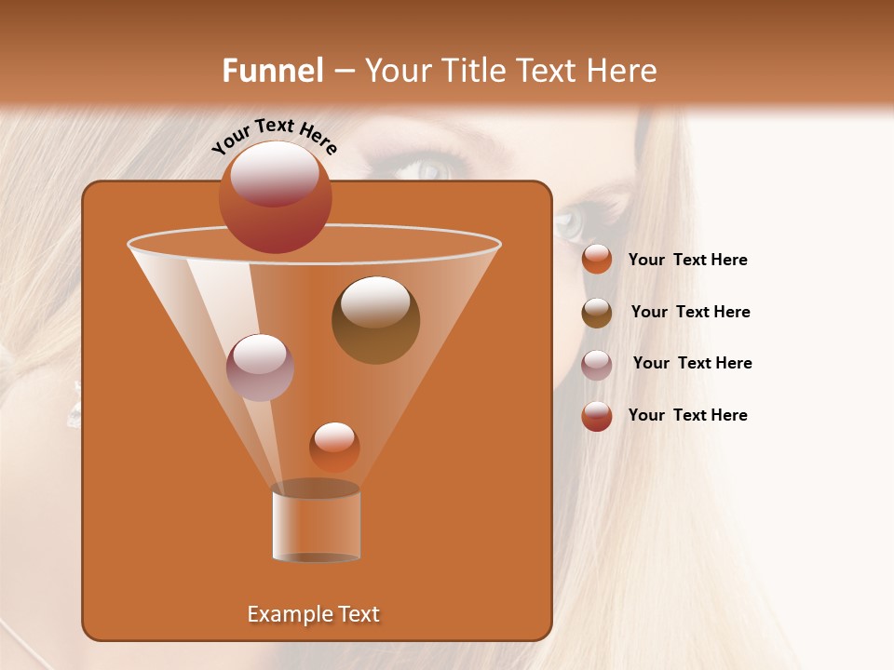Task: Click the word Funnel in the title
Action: point(273,71)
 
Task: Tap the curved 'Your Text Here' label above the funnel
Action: point(274,135)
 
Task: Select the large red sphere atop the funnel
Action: point(275,197)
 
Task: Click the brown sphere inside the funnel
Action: point(375,320)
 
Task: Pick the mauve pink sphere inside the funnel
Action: point(260,368)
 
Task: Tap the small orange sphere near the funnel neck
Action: point(334,447)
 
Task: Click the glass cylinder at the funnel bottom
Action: point(316,523)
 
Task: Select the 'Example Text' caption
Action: point(314,614)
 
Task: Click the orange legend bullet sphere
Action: point(597,260)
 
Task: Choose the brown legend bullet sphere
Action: point(597,313)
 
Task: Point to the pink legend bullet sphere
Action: point(597,365)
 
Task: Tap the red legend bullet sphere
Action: point(597,416)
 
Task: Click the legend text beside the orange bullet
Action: point(687,260)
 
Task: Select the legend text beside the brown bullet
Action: point(690,312)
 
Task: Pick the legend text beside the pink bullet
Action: point(692,363)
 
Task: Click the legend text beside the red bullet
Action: point(687,415)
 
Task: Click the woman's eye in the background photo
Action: point(430,170)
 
